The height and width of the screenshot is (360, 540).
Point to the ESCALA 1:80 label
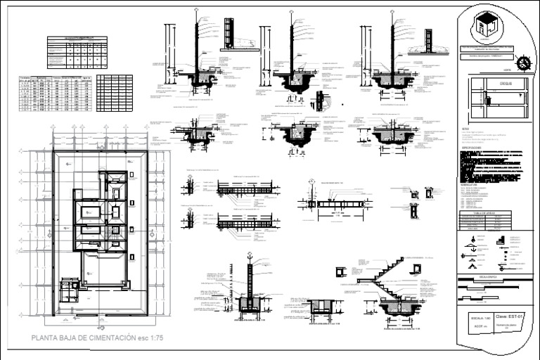[477, 319]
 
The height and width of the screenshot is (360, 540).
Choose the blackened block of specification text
[492, 166]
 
